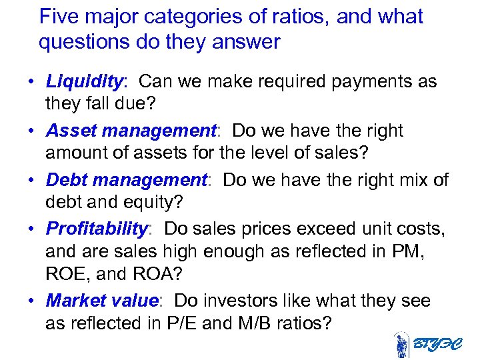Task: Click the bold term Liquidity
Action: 85,82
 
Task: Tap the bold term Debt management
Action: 126,181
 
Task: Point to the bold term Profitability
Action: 97,229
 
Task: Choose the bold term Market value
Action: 101,301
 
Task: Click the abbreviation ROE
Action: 67,275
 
